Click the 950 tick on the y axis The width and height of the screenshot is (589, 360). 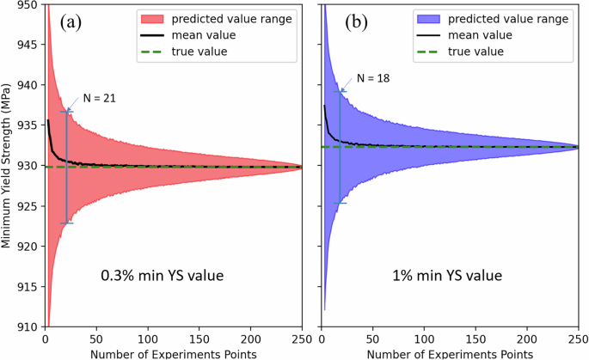pos(24,4)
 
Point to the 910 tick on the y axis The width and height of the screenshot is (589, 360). pos(24,327)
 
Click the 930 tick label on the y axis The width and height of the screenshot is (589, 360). pos(24,166)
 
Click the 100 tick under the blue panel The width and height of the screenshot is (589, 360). pos(424,339)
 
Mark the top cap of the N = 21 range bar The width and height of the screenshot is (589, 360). pos(66,112)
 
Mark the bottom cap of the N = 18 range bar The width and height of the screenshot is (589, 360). pos(340,204)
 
